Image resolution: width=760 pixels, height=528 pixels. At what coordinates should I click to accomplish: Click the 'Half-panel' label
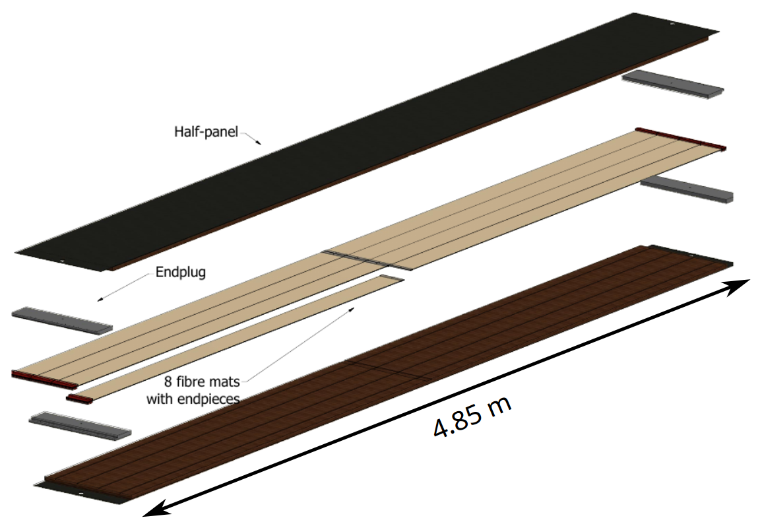(x=206, y=132)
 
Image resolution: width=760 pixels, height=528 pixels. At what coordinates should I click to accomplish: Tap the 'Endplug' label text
(x=180, y=272)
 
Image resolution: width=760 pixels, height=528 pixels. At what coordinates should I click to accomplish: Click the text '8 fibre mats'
(x=202, y=382)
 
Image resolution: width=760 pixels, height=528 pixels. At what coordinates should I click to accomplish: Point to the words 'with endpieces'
(x=193, y=399)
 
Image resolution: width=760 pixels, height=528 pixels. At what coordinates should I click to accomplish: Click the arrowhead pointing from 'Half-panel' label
(x=259, y=143)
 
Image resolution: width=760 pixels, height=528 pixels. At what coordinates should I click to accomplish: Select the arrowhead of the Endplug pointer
(x=100, y=299)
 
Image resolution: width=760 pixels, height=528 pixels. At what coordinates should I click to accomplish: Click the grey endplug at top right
(x=673, y=84)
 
